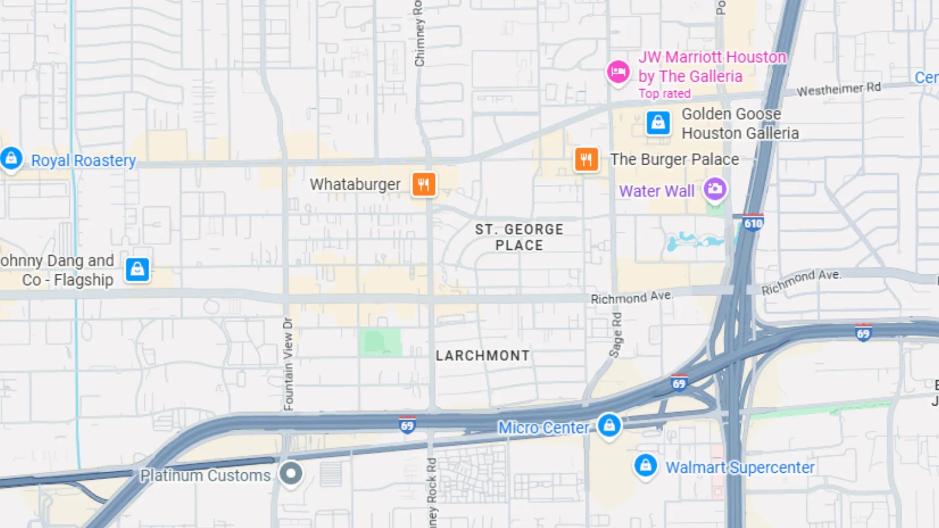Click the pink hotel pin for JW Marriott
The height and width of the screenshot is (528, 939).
(618, 72)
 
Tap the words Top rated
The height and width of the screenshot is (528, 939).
(664, 93)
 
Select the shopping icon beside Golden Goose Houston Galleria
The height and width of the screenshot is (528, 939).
(658, 122)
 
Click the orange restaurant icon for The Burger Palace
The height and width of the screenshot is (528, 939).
(586, 159)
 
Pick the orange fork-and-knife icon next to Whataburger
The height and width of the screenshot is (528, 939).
(424, 184)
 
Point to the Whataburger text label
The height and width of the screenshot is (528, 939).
(355, 184)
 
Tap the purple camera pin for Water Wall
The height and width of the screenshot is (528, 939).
(715, 189)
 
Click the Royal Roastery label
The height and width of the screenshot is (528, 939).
(84, 160)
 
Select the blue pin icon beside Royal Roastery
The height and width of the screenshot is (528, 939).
(11, 158)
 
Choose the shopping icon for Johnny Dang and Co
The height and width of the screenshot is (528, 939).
(137, 269)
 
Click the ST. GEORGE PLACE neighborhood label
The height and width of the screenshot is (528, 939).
(519, 237)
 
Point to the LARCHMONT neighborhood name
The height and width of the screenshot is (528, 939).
(482, 355)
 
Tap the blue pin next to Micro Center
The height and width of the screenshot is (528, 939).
(609, 425)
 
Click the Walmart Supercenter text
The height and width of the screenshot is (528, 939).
(740, 467)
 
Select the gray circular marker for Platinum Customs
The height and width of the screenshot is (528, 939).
(291, 473)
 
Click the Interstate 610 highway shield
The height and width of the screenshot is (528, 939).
(753, 223)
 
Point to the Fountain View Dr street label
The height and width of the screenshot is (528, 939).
(288, 364)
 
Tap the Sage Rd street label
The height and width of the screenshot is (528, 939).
(616, 335)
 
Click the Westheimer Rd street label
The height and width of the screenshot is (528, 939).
(838, 89)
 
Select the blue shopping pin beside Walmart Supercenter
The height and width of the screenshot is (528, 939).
(646, 465)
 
